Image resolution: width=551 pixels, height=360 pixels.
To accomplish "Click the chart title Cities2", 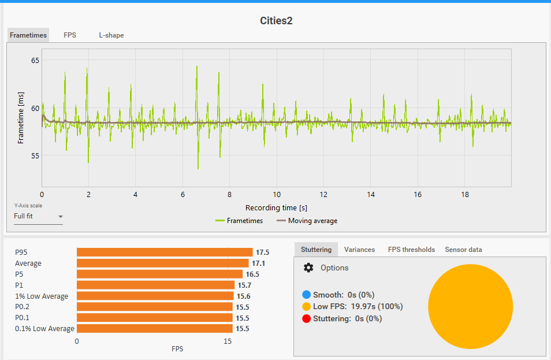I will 276,21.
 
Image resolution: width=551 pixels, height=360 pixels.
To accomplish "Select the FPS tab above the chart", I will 70,35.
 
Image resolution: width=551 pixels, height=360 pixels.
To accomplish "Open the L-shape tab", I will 111,35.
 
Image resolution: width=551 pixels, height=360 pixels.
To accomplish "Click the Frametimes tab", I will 28,35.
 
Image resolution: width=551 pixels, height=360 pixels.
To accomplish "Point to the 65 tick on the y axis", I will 35,60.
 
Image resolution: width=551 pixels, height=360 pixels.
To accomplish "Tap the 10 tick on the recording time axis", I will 277,195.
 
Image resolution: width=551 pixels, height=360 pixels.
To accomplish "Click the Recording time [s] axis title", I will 276,207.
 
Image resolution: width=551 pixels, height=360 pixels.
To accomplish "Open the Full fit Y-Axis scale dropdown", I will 38,217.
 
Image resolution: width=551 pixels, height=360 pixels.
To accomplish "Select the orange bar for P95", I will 165,252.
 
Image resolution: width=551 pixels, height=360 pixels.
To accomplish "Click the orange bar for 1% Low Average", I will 155,296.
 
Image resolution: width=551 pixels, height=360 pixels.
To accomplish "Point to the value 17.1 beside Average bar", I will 258,263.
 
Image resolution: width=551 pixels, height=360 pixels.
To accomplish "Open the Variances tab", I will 359,250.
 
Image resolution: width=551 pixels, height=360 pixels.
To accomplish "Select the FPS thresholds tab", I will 411,250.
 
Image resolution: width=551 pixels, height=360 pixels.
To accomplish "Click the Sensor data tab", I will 463,250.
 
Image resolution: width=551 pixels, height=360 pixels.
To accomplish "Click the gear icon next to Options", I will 308,268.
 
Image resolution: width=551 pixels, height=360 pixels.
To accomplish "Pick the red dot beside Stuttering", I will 306,318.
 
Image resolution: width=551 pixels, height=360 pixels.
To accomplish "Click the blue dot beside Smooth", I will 306,295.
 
